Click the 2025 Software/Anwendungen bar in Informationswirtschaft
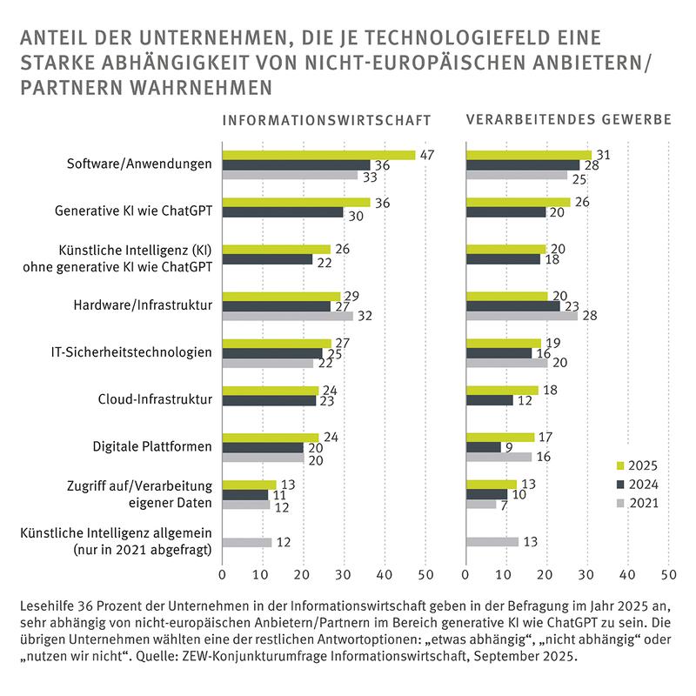pos(318,155)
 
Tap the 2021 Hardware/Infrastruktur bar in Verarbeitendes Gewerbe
pos(522,316)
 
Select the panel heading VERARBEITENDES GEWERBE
pos(569,120)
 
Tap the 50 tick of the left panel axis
pos(425,575)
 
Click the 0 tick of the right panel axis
pos(467,575)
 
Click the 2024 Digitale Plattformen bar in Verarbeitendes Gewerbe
pos(484,446)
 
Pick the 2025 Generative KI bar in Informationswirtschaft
pos(297,202)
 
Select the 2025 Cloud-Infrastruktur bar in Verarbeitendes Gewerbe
pos(502,390)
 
